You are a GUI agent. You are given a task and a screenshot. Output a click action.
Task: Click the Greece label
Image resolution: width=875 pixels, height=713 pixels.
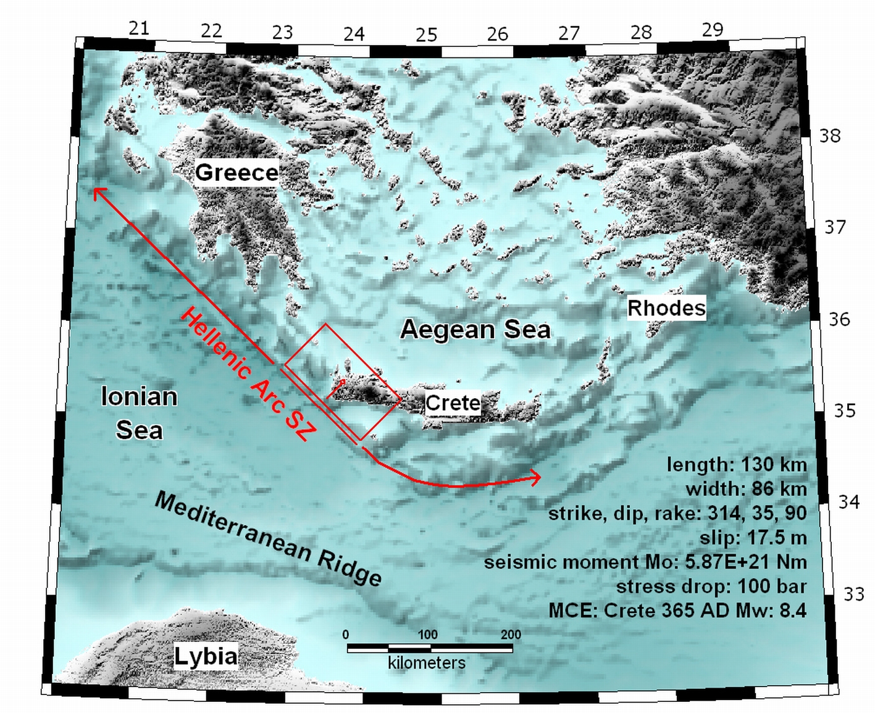tap(237, 172)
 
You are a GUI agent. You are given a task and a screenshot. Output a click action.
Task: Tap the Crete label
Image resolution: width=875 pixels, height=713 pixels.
tap(453, 403)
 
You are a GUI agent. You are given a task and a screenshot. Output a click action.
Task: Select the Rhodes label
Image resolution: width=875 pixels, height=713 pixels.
tap(666, 307)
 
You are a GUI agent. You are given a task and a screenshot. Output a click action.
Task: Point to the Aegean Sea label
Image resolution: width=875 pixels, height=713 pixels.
tap(475, 329)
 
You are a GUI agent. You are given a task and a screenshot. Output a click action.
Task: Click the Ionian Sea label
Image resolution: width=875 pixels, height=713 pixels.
tap(139, 413)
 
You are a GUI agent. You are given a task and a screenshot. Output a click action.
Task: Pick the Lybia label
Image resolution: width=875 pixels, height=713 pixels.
tap(205, 656)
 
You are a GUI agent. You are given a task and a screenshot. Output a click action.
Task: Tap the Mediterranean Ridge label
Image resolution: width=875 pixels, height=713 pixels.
tap(268, 539)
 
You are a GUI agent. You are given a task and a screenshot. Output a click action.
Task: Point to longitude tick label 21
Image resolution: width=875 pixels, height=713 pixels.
tap(139, 28)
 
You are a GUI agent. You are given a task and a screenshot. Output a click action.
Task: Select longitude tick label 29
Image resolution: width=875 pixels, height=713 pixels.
tap(712, 29)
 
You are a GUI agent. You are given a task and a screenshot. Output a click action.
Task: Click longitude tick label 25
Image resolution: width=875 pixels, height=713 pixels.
tap(426, 35)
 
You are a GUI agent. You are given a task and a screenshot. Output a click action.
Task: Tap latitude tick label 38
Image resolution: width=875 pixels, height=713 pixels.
tap(829, 136)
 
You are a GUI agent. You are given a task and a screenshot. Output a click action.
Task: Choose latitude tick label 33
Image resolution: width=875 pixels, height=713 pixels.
tap(853, 594)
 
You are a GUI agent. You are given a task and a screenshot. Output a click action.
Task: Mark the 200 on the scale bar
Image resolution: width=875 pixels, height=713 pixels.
tap(511, 635)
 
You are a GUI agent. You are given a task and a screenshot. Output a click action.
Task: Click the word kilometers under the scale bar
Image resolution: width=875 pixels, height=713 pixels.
tap(426, 663)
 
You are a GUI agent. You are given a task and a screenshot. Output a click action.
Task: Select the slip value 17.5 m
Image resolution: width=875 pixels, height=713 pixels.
tap(777, 538)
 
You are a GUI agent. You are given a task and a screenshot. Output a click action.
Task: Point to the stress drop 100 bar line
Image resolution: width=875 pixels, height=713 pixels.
tap(711, 586)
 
